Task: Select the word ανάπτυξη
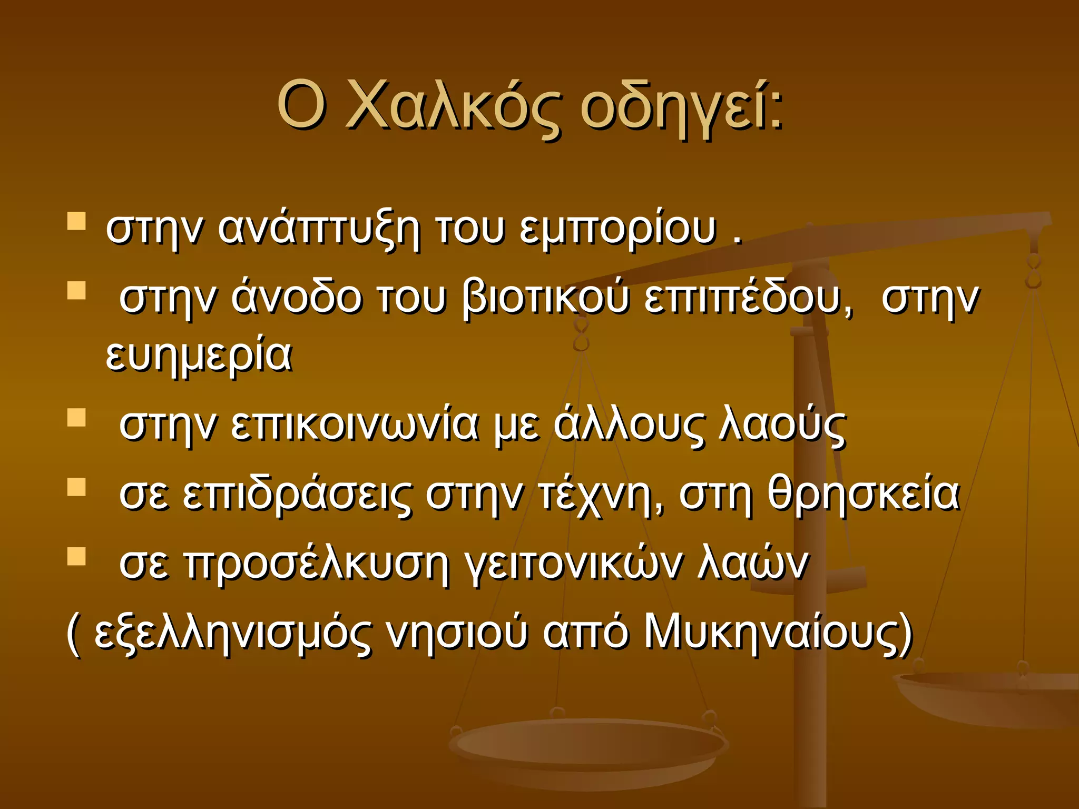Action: tap(319, 230)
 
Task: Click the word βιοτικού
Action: tap(545, 298)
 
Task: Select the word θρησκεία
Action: tap(864, 495)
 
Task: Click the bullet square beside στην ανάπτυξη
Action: tap(77, 222)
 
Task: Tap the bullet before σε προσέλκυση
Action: tap(77, 556)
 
